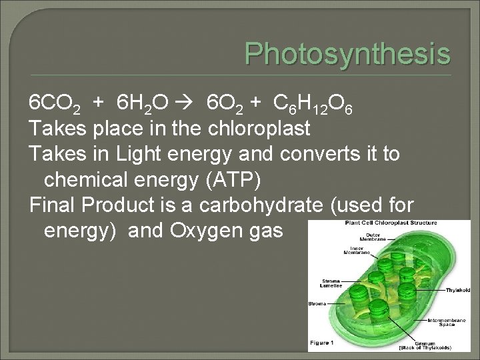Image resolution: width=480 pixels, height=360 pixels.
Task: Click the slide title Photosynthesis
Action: pos(347,53)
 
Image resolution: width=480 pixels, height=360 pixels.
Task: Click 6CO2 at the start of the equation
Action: pos(56,103)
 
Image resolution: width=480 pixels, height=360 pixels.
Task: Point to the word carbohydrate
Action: pos(273,205)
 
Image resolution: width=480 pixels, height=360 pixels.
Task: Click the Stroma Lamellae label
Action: pos(331,283)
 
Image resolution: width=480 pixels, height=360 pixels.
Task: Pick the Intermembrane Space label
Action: pos(446,322)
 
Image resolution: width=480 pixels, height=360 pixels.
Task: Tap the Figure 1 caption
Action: pos(323,343)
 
